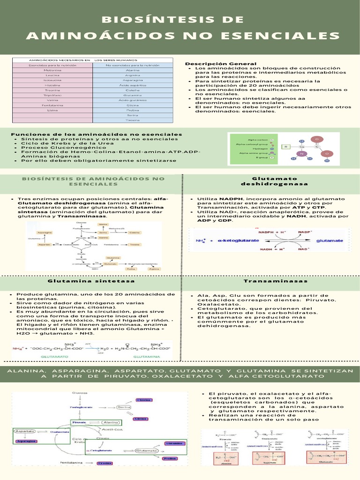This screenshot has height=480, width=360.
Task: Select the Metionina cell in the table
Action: click(52, 70)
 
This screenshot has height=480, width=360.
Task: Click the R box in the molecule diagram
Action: click(285, 147)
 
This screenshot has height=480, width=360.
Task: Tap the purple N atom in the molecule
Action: click(302, 153)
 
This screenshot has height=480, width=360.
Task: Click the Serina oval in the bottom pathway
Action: click(124, 407)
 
